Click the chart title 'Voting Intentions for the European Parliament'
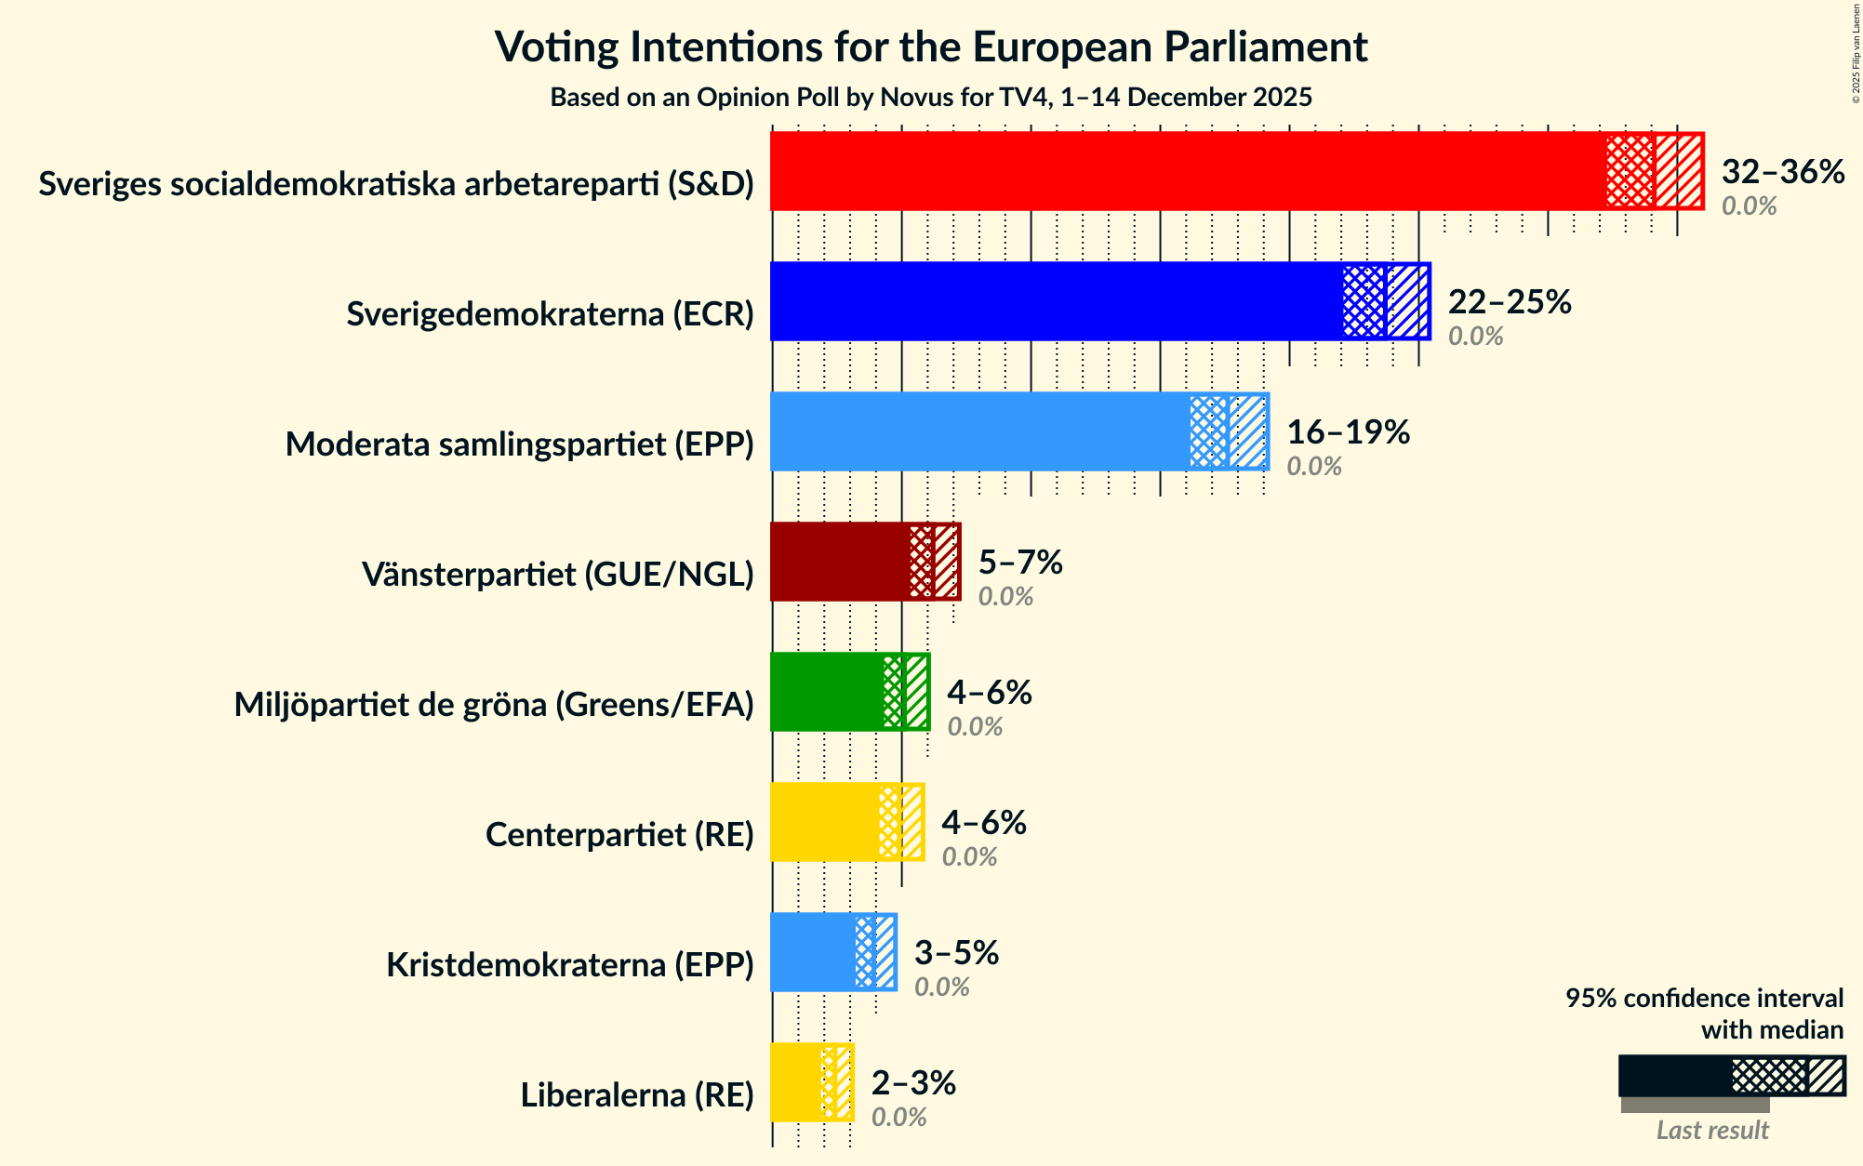931,46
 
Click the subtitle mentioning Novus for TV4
931,97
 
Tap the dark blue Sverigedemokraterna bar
1051,301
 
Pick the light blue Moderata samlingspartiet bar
977,431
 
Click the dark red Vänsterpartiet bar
837,562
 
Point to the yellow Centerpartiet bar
823,822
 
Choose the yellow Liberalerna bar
795,1082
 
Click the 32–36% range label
1782,172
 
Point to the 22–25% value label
1509,302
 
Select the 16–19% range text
1348,432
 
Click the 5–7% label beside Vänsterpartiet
1019,563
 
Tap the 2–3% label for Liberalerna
913,1083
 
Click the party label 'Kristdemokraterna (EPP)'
569,965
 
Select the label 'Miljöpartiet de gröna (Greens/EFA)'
493,705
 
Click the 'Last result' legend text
1711,1131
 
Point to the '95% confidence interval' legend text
1703,999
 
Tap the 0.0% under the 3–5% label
941,987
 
